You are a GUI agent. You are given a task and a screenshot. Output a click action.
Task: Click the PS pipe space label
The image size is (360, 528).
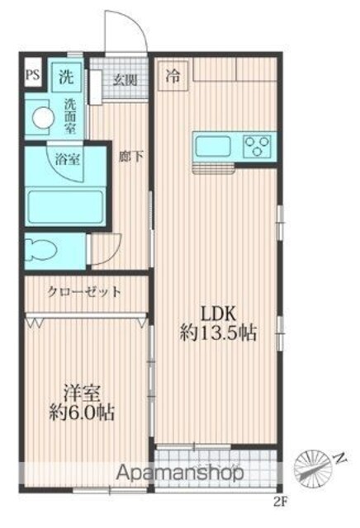33,75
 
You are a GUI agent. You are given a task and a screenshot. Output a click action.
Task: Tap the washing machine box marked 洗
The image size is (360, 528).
67,77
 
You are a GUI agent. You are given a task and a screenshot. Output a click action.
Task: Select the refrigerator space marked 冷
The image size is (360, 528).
173,76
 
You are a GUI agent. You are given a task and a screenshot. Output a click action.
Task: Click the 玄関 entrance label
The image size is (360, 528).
125,80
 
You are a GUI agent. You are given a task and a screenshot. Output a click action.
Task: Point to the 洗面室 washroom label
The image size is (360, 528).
70,116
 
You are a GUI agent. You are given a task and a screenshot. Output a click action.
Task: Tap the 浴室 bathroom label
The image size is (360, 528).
68,159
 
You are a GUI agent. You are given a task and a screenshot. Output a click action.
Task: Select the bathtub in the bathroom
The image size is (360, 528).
66,207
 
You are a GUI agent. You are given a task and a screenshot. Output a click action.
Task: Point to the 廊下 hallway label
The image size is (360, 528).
131,156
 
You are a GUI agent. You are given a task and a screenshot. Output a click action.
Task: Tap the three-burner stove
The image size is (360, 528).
258,145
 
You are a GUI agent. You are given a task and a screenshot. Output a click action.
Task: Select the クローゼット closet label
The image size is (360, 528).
84,291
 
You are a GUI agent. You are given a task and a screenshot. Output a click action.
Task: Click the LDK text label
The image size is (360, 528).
218,313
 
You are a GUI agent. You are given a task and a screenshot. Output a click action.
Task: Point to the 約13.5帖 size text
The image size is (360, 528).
218,333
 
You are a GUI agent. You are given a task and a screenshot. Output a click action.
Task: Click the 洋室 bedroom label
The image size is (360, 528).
83,394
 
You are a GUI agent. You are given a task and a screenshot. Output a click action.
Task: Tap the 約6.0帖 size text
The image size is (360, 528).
82,412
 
